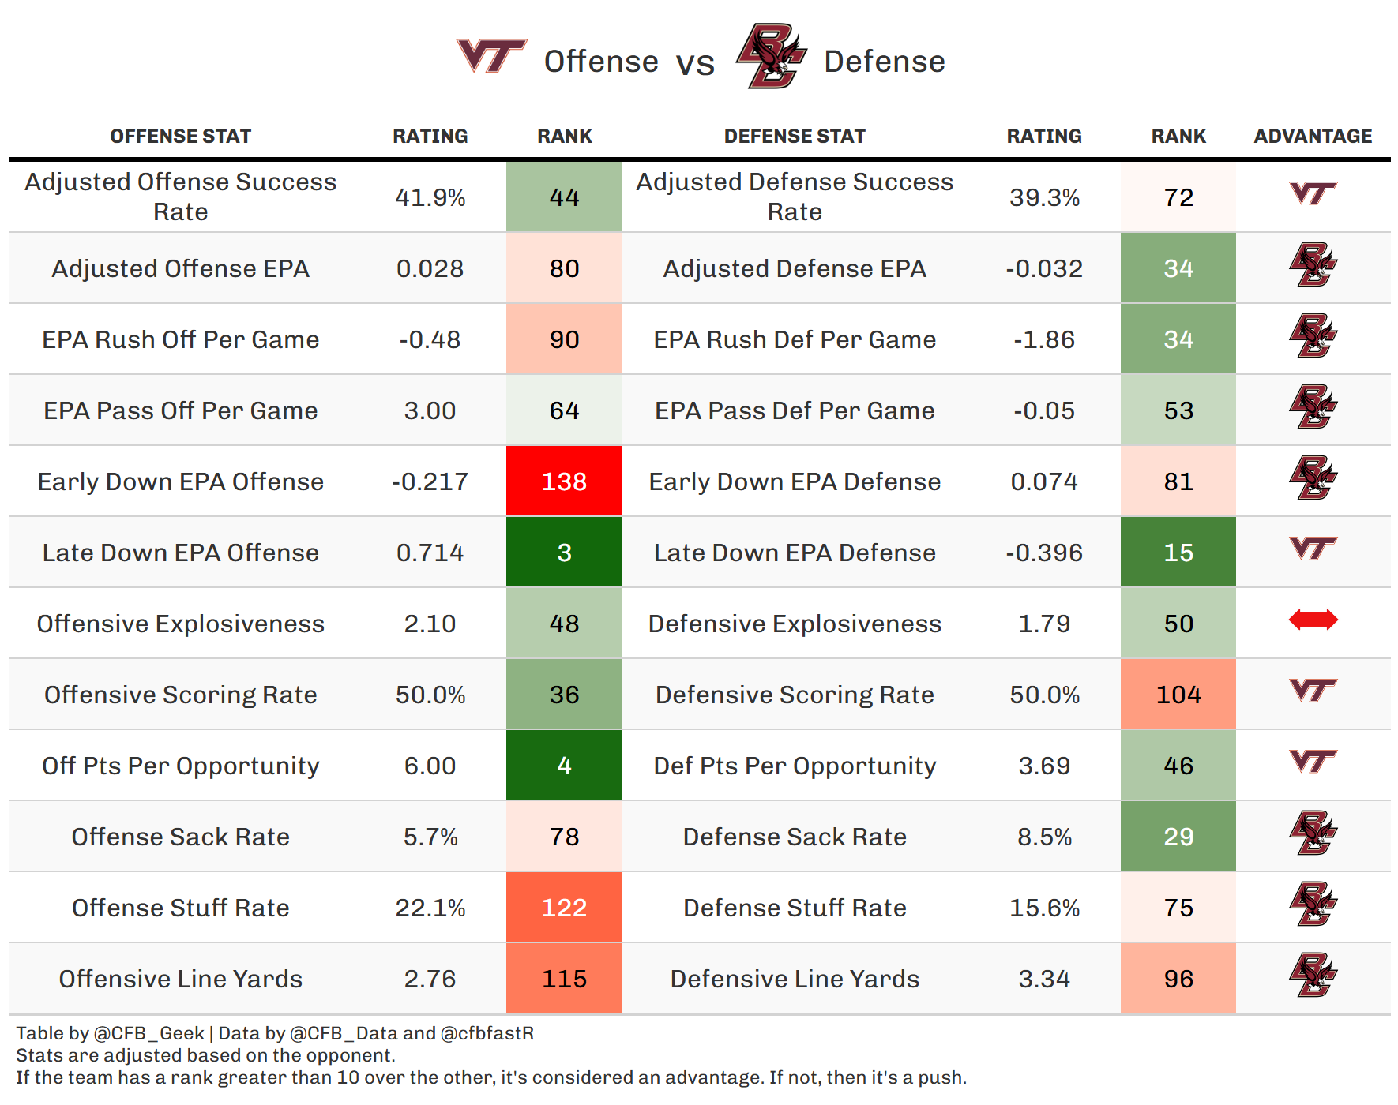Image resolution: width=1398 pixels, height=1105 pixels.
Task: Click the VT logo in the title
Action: point(491,55)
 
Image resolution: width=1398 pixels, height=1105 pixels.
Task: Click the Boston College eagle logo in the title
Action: point(771,56)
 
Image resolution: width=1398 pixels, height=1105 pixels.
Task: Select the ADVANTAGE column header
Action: point(1313,137)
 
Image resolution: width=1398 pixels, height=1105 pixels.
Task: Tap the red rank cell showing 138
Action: point(564,481)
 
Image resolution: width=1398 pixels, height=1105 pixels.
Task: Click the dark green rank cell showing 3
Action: point(564,552)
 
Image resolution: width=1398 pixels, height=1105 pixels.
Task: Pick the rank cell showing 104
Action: point(1178,695)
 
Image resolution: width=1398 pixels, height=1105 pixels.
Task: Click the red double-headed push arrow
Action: point(1313,620)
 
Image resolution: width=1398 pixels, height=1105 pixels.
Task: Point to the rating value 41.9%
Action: point(430,197)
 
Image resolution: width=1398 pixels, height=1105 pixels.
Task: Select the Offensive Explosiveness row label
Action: point(181,624)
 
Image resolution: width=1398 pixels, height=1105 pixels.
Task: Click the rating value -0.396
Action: point(1044,552)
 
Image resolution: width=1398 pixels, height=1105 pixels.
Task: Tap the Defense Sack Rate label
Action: point(795,837)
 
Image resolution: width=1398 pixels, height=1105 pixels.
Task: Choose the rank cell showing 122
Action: point(564,908)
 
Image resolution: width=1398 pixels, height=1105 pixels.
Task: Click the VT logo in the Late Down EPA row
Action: point(1313,548)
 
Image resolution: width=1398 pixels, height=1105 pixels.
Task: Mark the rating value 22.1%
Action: point(430,908)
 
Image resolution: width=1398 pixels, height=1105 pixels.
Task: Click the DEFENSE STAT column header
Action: point(795,137)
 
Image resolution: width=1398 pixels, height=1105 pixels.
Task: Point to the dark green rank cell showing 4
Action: point(564,766)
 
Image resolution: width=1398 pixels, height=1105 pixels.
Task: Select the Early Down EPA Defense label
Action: point(795,481)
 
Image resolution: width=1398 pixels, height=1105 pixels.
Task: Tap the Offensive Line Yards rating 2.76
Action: point(430,979)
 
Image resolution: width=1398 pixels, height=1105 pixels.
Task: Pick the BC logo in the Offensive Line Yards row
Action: point(1313,975)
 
